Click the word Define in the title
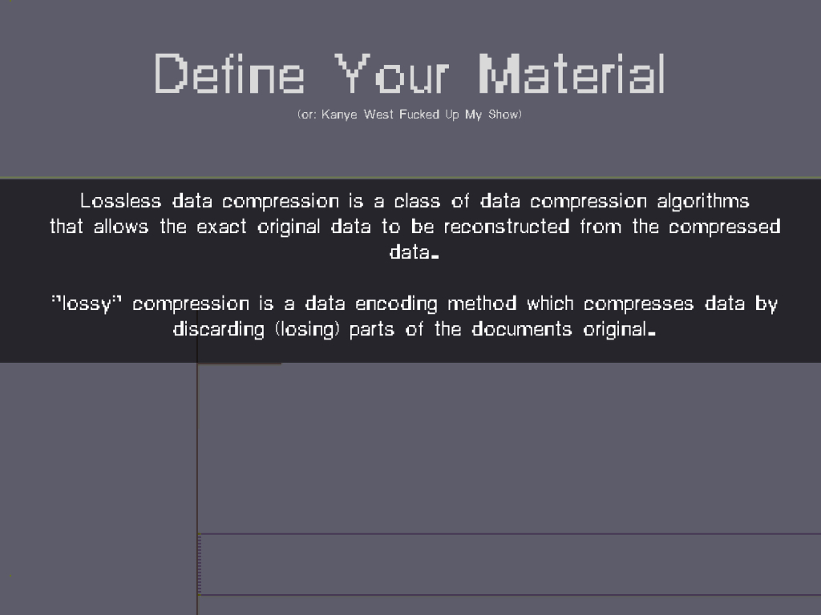[229, 74]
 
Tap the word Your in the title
[391, 74]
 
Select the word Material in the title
[572, 74]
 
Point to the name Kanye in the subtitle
[339, 115]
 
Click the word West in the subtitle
[378, 114]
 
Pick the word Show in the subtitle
[503, 114]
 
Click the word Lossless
[120, 201]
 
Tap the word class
[417, 201]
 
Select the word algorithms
[703, 202]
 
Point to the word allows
[121, 227]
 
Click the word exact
[221, 227]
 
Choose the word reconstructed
[507, 227]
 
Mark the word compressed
[725, 227]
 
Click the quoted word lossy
[87, 304]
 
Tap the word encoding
[396, 304]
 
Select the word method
[482, 303]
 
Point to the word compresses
[639, 304]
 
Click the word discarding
[219, 330]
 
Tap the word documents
[521, 329]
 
